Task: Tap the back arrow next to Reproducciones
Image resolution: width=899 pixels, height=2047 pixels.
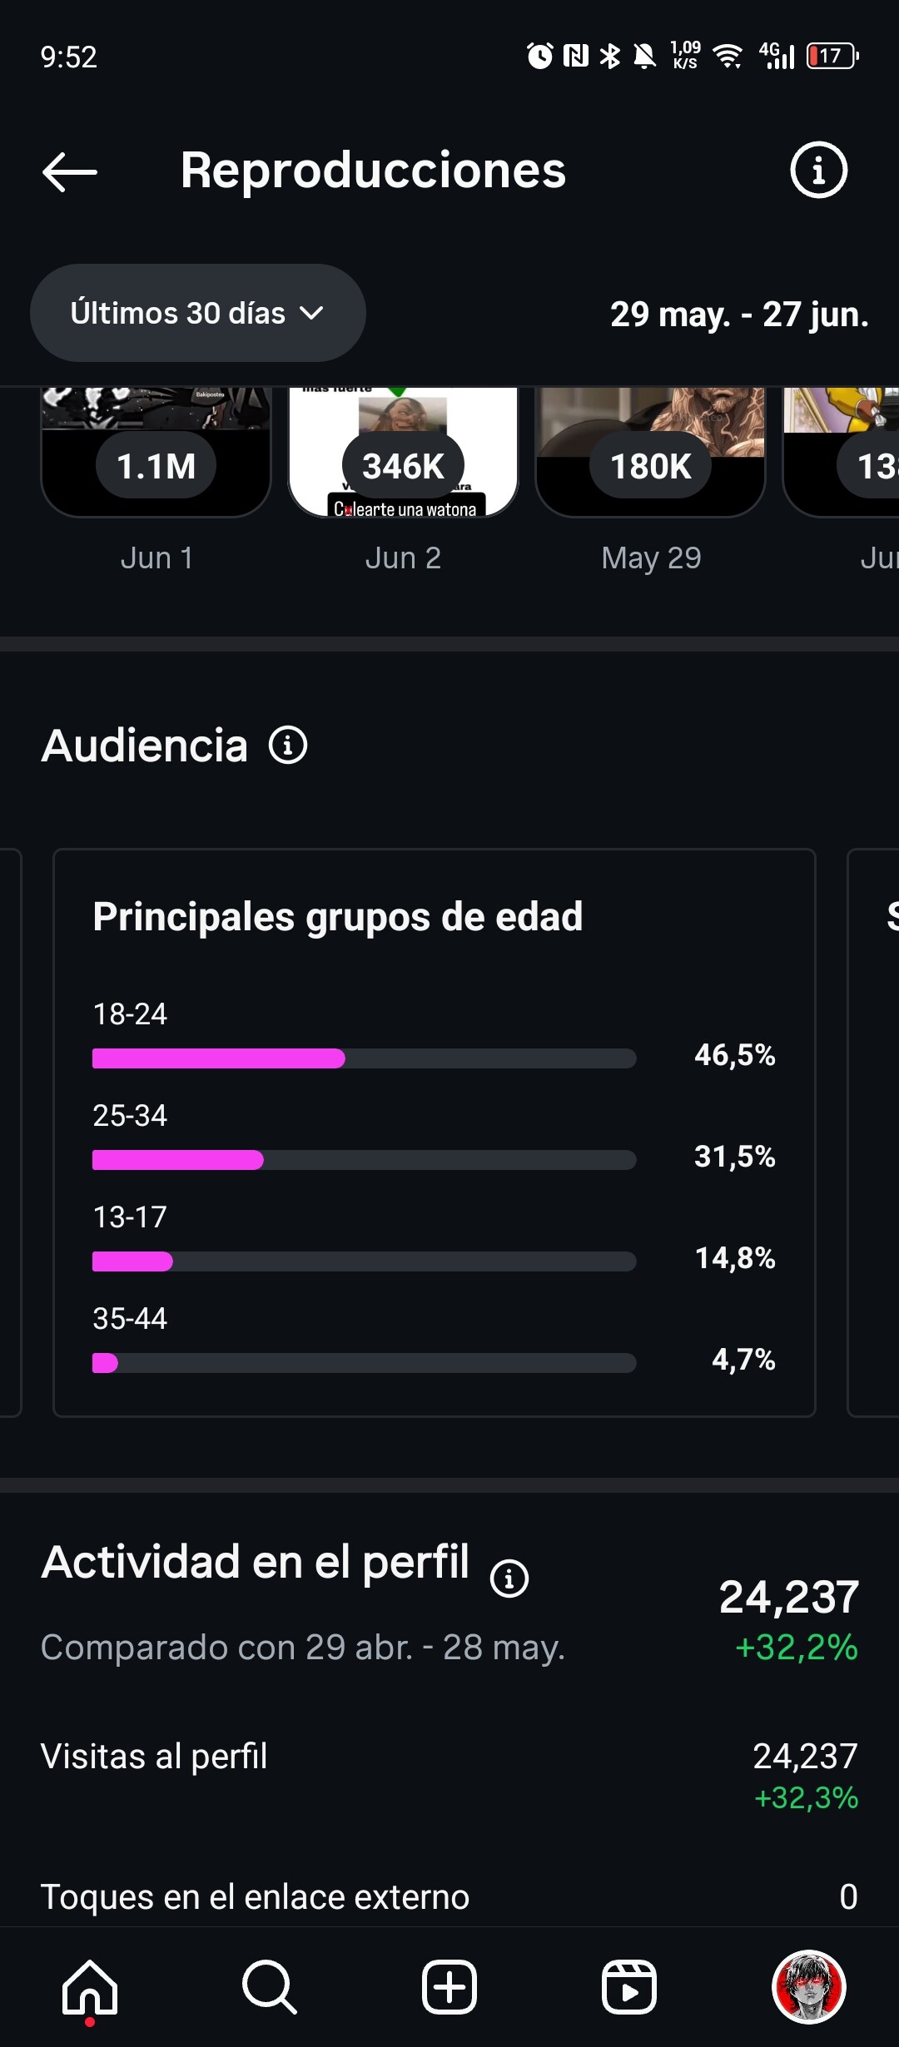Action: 70,172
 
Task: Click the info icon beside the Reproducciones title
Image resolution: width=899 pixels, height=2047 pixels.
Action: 818,170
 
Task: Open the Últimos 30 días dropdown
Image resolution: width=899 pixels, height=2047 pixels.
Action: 198,313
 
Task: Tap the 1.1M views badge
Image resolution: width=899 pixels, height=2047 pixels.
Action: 156,466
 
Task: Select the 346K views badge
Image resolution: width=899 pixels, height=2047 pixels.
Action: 404,466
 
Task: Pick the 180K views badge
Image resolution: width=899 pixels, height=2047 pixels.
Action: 651,466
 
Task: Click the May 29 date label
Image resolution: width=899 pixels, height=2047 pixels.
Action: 651,558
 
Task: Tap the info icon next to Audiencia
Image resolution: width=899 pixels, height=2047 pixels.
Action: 288,745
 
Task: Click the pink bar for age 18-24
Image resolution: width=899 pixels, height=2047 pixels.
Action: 218,1058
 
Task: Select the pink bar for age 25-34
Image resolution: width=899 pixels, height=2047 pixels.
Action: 177,1160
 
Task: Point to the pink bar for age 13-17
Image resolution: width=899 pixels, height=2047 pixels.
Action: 132,1261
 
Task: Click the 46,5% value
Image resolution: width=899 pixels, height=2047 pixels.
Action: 734,1055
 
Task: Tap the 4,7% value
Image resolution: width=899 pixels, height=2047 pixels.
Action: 743,1360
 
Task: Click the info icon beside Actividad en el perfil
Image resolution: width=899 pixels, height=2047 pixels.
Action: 509,1578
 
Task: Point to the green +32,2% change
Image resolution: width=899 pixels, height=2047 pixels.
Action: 797,1648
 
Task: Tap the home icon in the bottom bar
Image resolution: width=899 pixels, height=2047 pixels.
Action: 90,1987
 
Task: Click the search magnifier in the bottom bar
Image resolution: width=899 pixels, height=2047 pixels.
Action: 269,1987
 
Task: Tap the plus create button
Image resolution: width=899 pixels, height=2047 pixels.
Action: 449,1987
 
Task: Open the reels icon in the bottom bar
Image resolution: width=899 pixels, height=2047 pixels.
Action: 629,1987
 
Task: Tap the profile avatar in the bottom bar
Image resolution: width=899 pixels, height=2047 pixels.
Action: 809,1986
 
